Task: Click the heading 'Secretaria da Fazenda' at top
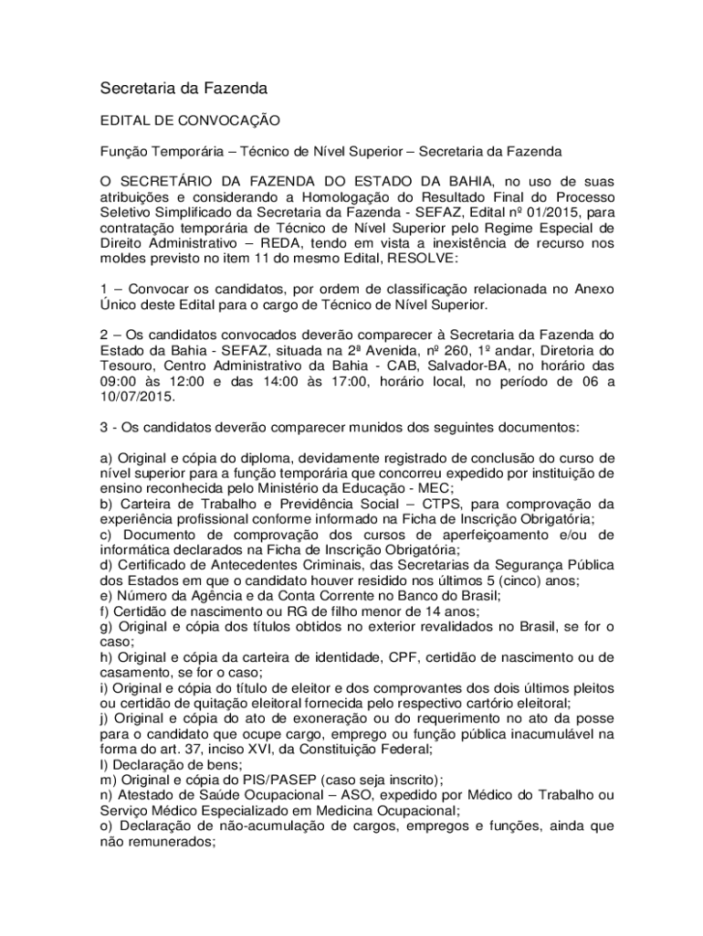tap(183, 90)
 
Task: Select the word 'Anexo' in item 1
tap(593, 289)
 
